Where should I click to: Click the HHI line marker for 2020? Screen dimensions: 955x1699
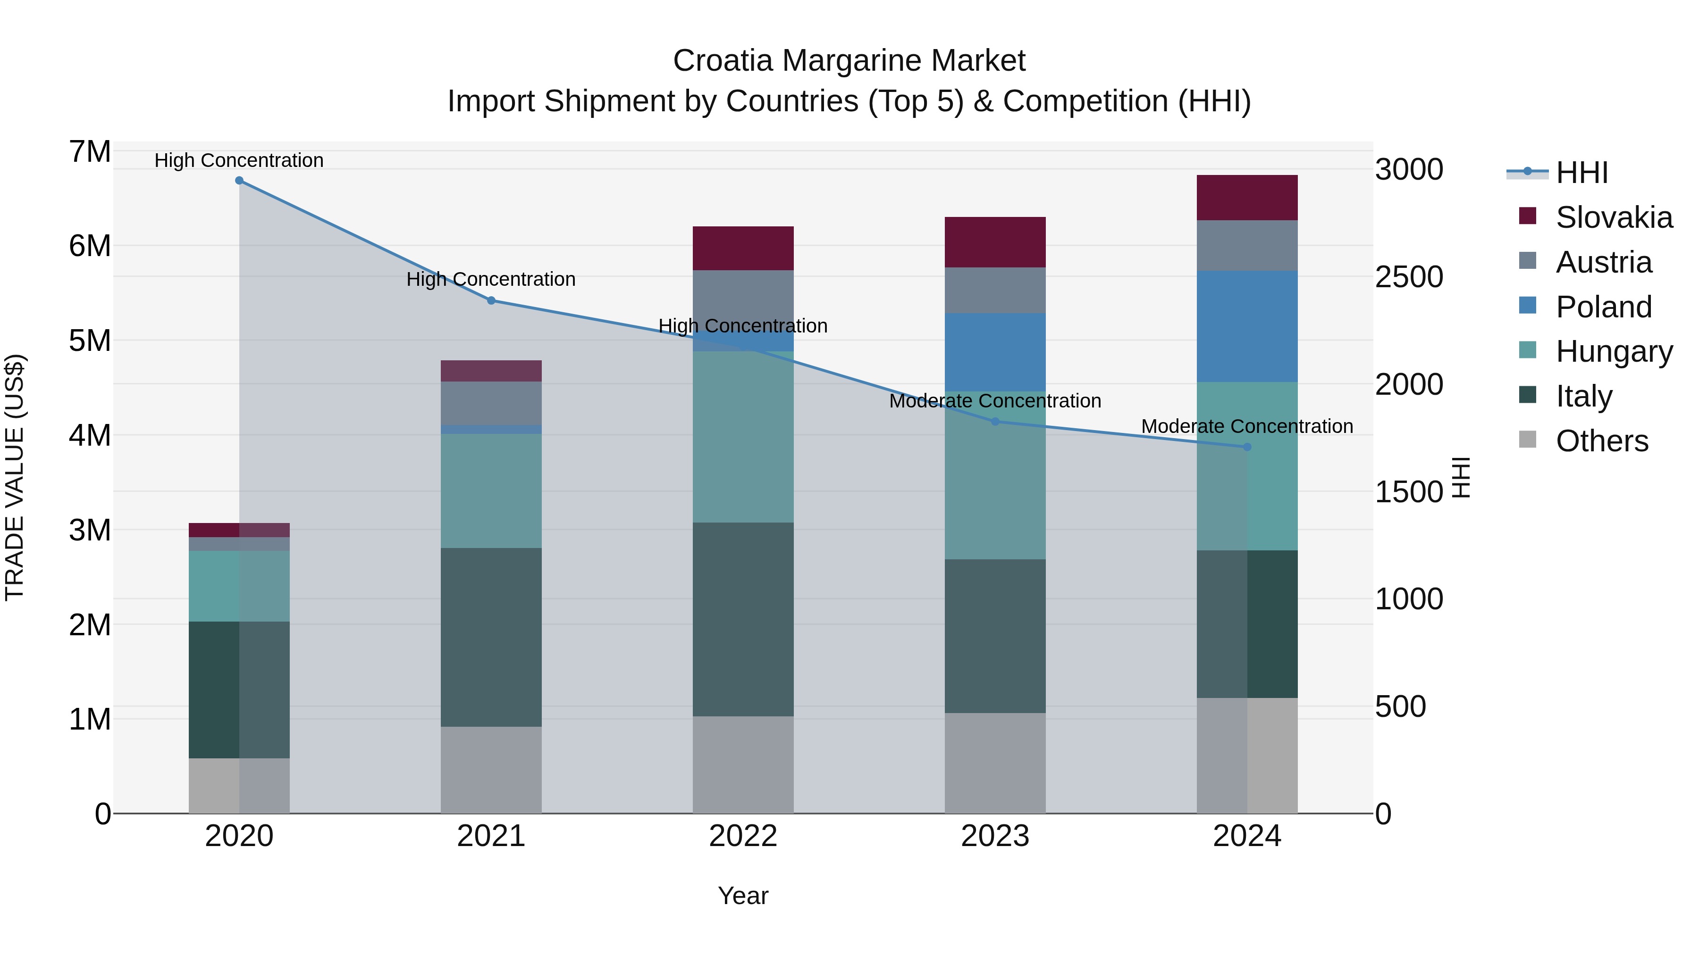[x=239, y=181]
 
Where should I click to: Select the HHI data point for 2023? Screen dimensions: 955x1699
[x=995, y=422]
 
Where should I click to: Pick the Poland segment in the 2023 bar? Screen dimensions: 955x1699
[x=995, y=353]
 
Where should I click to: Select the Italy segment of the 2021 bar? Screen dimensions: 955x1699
[x=491, y=637]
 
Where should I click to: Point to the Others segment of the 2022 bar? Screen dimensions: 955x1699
[x=743, y=764]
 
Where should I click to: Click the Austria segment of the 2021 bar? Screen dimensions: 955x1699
[x=491, y=403]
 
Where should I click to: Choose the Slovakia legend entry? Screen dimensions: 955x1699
[x=1613, y=217]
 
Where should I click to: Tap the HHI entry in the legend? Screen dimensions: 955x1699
[x=1581, y=173]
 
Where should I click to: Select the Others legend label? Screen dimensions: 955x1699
[x=1602, y=441]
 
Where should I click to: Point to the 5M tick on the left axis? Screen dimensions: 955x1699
[x=90, y=341]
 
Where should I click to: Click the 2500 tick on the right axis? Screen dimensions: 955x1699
[x=1409, y=277]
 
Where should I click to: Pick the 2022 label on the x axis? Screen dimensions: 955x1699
[x=743, y=836]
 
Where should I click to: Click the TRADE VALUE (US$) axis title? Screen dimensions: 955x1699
[x=15, y=477]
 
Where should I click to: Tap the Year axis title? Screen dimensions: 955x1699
[x=743, y=896]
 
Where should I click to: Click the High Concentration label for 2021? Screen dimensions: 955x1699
[x=491, y=280]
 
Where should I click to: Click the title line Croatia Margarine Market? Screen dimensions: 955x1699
[x=849, y=61]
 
